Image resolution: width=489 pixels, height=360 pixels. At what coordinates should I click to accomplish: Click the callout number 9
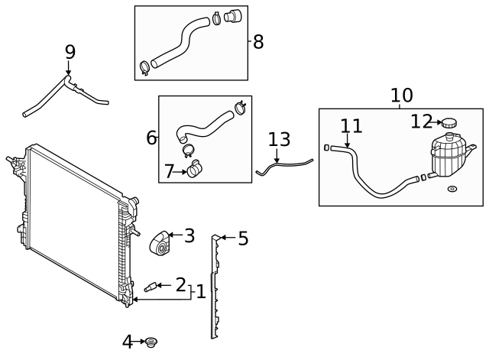70,52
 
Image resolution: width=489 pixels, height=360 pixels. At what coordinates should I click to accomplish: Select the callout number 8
258,42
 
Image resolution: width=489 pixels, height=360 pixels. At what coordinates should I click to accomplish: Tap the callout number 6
151,138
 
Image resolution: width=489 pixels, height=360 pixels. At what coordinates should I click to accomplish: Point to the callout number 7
169,172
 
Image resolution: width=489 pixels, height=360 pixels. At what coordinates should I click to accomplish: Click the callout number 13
279,140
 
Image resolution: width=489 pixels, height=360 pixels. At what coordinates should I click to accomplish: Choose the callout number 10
401,96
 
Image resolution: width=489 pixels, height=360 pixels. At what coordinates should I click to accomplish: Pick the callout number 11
351,126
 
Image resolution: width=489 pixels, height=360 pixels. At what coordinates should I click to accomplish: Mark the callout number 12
421,122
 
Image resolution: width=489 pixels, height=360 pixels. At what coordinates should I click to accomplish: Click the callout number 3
189,236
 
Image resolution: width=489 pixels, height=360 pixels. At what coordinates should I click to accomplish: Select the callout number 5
243,239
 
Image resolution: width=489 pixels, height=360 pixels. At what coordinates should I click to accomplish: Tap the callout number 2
180,285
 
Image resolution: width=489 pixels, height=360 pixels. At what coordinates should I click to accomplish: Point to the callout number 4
128,341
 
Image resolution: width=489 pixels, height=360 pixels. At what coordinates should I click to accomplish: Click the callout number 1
200,292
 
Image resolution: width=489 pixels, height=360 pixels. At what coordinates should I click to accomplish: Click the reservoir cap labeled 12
448,122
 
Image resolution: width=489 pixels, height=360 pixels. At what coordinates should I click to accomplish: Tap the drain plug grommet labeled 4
151,341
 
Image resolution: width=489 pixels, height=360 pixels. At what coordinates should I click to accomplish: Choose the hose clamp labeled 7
196,166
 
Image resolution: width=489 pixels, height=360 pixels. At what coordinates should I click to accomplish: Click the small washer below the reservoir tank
452,189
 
